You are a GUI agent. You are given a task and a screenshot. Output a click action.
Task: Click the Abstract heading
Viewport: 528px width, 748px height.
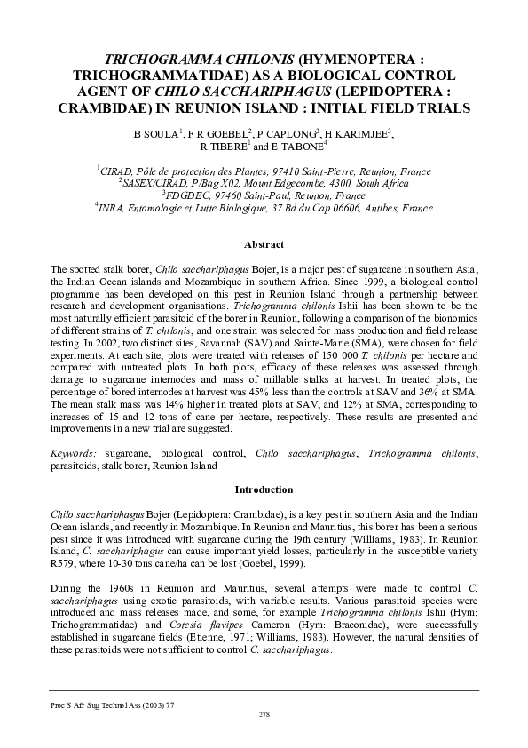point(264,244)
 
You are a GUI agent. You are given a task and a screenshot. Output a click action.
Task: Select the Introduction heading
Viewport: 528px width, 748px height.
point(264,489)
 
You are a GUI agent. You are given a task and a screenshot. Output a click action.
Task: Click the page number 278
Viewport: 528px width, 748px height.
point(264,714)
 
